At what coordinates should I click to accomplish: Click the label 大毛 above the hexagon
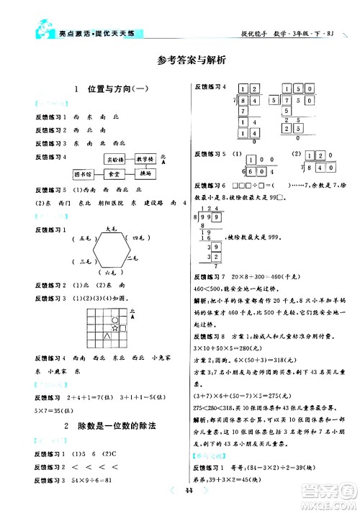tap(112, 228)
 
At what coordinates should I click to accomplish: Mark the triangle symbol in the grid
tap(107, 335)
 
